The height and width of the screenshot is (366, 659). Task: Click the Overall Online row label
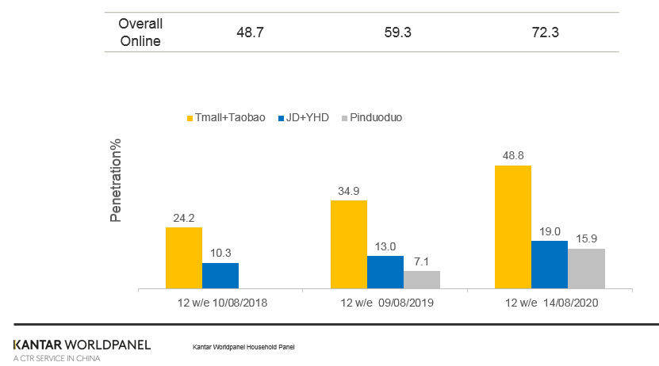tap(140, 32)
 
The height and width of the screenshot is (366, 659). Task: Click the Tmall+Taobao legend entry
tap(225, 117)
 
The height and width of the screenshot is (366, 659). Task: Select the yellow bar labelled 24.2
tap(183, 257)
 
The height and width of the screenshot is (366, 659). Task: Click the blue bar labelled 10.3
tap(220, 275)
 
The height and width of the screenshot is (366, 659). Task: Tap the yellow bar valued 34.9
tap(348, 244)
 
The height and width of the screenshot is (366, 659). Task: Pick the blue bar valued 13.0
tap(385, 272)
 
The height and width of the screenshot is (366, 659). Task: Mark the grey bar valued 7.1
tap(422, 280)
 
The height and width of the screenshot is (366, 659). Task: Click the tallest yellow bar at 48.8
tap(513, 227)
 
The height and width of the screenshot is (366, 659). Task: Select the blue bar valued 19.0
tap(550, 265)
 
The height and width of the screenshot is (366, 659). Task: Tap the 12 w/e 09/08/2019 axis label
tap(386, 303)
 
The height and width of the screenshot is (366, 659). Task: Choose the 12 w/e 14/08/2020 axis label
tap(550, 303)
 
